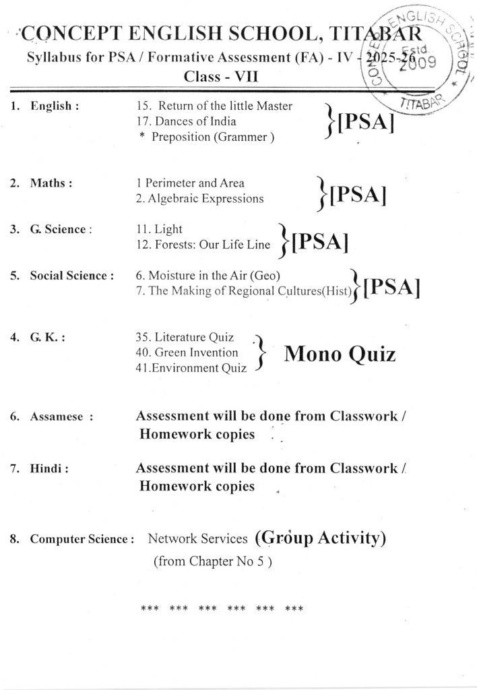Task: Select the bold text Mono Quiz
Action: (340, 354)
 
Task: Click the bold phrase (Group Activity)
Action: (320, 537)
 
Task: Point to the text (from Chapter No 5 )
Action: (212, 561)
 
